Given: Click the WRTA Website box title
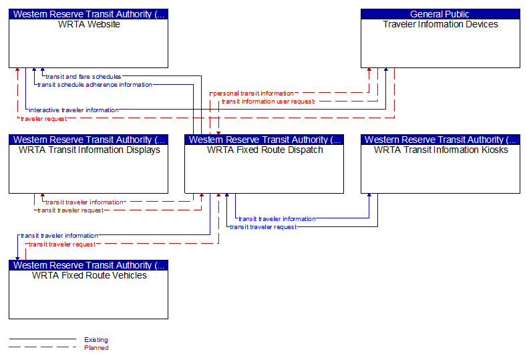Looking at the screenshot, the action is [89, 24].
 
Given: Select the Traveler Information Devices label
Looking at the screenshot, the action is [440, 24].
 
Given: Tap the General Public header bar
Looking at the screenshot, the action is [440, 14].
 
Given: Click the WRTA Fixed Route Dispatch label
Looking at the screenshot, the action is [265, 150].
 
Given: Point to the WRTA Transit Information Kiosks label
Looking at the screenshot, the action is [441, 150].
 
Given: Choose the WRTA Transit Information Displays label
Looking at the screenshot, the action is [89, 150].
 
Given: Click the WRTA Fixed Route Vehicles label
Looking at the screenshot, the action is [89, 275].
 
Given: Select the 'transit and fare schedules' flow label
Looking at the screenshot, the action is [83, 77].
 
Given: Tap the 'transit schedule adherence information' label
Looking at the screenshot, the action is [95, 85].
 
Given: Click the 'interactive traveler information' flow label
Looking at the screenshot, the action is [73, 110].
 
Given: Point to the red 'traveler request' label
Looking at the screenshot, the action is [43, 119].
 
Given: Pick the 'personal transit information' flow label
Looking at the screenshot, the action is [253, 94].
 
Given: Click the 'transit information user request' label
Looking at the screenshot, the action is [269, 102].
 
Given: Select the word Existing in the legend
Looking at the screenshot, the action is [96, 339].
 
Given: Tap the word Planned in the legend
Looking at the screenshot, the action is [96, 347].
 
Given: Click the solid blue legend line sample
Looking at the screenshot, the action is [43, 339].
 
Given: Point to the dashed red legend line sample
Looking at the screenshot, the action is [43, 347].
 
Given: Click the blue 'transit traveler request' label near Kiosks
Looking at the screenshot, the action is [263, 227].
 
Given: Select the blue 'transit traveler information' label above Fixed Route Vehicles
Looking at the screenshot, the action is [59, 236].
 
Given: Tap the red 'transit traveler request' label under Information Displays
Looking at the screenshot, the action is [70, 210].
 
